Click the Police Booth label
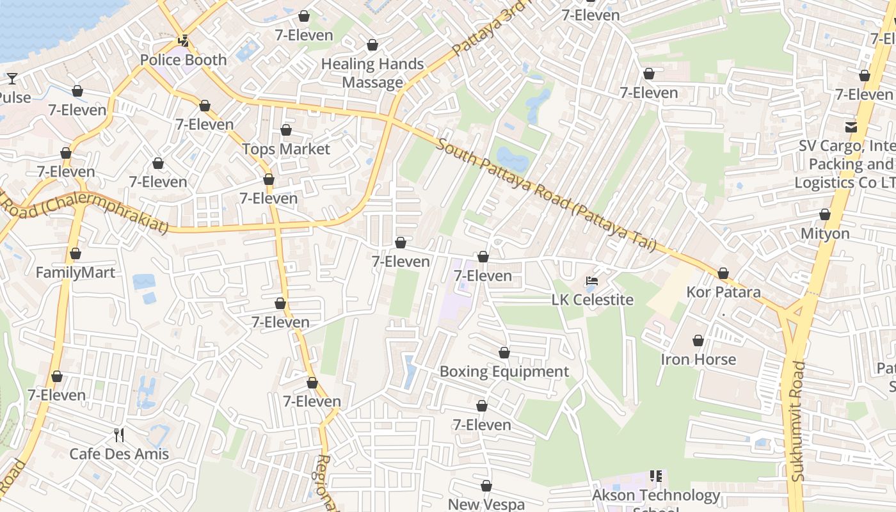pos(183,60)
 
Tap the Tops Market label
pos(286,149)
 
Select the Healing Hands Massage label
pos(372,73)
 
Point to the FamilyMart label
pos(76,273)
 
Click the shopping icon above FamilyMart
pos(76,254)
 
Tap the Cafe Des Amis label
pos(119,454)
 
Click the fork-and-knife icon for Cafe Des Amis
pos(119,435)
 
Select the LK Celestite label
pos(593,300)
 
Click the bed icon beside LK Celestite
pos(593,281)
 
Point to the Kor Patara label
pos(723,292)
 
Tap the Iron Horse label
pos(698,360)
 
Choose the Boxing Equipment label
pos(504,372)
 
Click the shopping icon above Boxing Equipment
pos(504,353)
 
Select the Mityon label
pos(825,234)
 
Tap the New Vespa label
pos(486,504)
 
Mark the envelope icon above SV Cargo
pos(851,127)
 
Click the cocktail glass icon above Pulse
pos(12,79)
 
